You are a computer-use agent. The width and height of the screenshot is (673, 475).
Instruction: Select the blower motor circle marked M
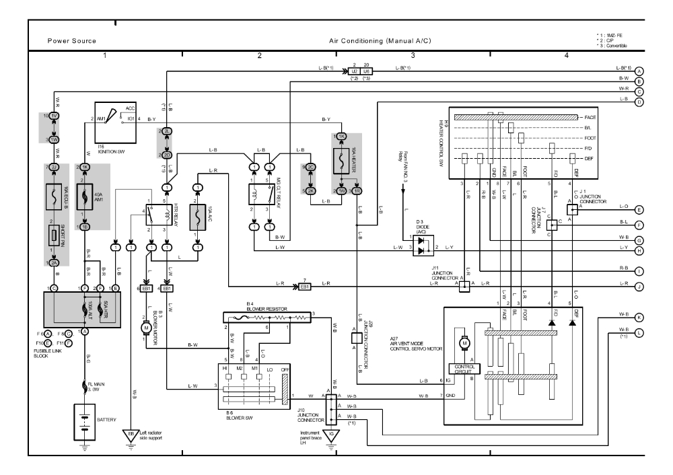(145, 326)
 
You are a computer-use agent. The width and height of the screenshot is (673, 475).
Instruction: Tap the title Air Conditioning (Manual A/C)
(380, 41)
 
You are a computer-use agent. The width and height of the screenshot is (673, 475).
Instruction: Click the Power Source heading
(71, 41)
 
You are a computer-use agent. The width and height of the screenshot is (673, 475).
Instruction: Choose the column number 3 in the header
(413, 54)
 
